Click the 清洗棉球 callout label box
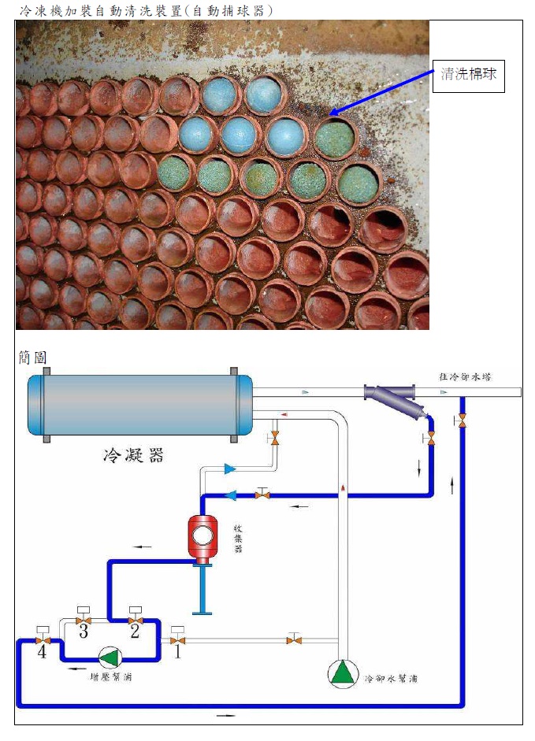(x=469, y=76)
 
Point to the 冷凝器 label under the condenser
(x=133, y=454)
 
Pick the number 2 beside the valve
(x=135, y=629)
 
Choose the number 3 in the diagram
(x=82, y=629)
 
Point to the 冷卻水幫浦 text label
(x=391, y=677)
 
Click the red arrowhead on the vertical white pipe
(x=344, y=489)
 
